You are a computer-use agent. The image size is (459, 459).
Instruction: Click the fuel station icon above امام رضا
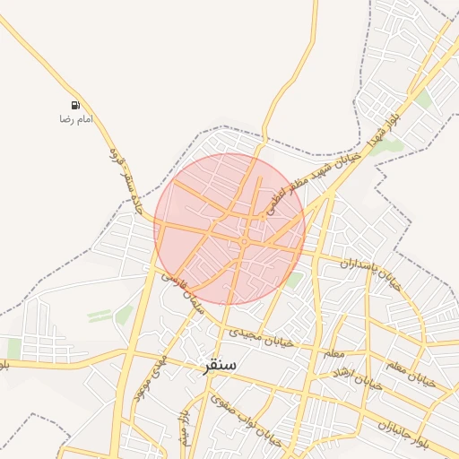(x=75, y=105)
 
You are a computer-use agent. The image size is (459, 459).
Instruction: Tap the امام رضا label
(x=76, y=118)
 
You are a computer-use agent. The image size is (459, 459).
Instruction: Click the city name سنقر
(x=220, y=365)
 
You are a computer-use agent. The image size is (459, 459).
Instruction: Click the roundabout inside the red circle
(x=244, y=241)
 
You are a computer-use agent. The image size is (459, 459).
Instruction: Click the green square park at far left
(x=13, y=349)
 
